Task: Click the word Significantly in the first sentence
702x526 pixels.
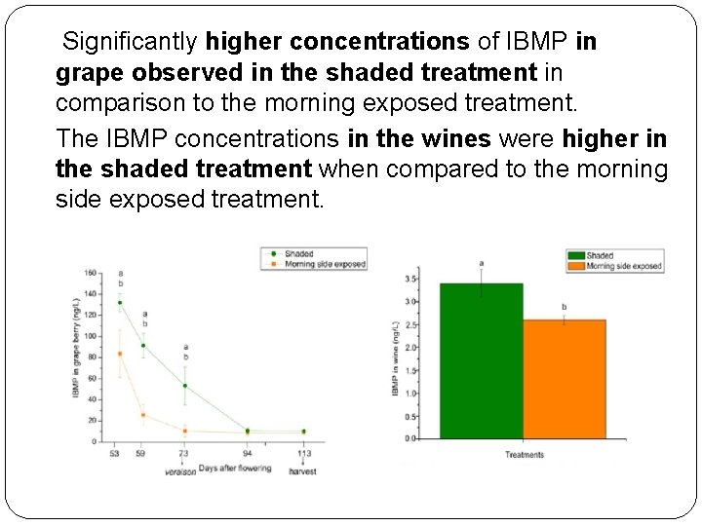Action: click(x=130, y=43)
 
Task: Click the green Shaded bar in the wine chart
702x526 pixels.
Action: click(x=481, y=360)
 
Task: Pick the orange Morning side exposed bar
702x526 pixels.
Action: click(x=564, y=379)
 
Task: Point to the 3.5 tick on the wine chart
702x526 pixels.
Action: click(x=411, y=280)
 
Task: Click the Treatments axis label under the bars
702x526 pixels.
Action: click(x=524, y=455)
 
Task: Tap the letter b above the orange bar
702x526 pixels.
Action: click(x=564, y=307)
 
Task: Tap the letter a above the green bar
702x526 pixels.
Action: click(x=481, y=263)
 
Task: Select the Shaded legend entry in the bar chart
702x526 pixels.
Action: click(x=600, y=255)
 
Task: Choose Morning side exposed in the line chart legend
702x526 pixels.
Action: click(x=325, y=264)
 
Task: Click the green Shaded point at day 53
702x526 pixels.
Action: click(x=120, y=303)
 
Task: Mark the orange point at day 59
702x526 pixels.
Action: click(x=143, y=415)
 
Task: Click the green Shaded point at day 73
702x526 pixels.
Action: click(x=184, y=386)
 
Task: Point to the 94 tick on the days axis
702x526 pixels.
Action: click(x=247, y=453)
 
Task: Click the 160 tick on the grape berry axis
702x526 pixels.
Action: click(x=90, y=273)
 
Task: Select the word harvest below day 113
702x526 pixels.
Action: click(x=302, y=470)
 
